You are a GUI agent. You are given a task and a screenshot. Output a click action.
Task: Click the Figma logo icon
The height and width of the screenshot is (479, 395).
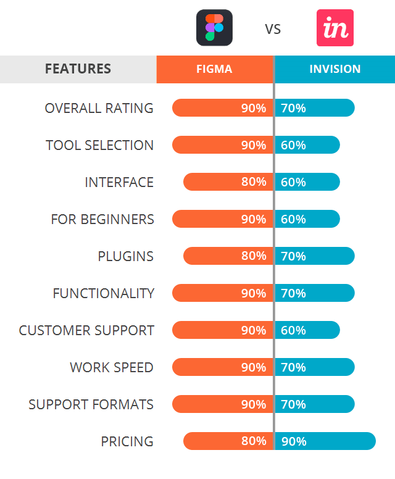(214, 28)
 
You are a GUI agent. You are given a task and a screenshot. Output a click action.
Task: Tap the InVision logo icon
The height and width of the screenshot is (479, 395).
(335, 28)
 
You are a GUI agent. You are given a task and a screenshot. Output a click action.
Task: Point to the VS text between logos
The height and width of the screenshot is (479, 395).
(273, 29)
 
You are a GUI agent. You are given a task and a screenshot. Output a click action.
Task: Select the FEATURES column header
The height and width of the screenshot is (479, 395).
(78, 69)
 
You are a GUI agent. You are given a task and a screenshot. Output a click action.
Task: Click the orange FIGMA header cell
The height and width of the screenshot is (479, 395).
(215, 69)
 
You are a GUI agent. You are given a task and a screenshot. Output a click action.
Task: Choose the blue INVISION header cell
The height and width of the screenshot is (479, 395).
(335, 69)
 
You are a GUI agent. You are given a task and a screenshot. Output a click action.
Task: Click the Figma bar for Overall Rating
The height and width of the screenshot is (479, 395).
(222, 108)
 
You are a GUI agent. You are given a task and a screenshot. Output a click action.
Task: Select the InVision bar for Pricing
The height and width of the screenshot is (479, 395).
(325, 441)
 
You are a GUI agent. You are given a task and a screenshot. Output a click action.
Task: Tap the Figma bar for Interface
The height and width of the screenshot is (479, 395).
(228, 182)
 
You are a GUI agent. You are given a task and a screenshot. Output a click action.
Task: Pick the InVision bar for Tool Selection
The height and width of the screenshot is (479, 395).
(307, 145)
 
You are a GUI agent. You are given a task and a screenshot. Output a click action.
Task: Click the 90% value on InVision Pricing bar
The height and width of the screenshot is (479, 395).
(294, 441)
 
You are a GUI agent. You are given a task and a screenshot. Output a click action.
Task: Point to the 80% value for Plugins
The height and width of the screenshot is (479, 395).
(254, 256)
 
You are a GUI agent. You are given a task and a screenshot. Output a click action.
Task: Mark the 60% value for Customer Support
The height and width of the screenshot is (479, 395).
(294, 330)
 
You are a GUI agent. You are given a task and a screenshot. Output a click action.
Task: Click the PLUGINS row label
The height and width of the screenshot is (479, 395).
(125, 256)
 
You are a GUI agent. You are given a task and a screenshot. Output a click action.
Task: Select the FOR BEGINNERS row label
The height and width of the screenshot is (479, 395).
(102, 219)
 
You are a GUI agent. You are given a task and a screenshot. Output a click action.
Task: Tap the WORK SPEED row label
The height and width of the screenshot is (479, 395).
(112, 367)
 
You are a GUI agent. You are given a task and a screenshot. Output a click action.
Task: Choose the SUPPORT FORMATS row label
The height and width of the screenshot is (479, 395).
(91, 404)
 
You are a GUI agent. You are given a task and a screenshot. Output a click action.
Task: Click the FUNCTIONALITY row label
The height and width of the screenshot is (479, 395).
(103, 293)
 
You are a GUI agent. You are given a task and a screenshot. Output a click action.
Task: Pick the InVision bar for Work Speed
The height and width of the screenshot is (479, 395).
(315, 367)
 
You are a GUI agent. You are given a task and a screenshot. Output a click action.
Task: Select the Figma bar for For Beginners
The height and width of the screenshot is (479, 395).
(222, 219)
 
